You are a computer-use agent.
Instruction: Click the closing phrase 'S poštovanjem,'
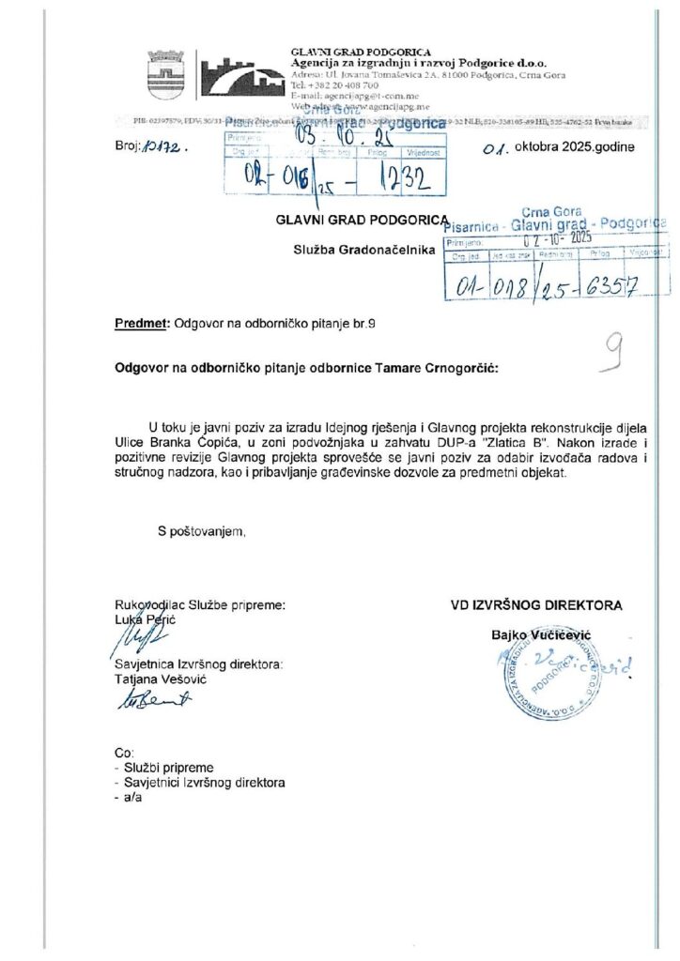point(202,532)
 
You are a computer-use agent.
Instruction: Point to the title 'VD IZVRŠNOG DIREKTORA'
point(536,605)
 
